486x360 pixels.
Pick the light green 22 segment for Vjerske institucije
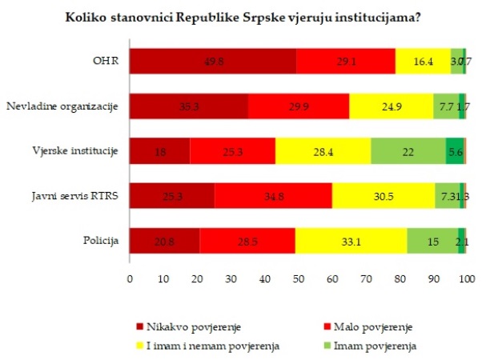coord(408,150)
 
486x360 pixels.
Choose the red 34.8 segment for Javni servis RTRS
coord(273,194)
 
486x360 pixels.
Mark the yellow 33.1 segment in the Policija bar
coord(351,239)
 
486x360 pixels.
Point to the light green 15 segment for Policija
coord(432,239)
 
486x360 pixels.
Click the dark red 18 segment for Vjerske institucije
coord(160,150)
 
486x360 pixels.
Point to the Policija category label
coord(102,239)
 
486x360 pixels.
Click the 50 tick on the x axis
coord(298,279)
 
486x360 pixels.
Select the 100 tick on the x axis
coord(467,279)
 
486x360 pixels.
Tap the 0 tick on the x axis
coord(130,279)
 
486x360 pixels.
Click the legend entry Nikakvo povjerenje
coord(187,327)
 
